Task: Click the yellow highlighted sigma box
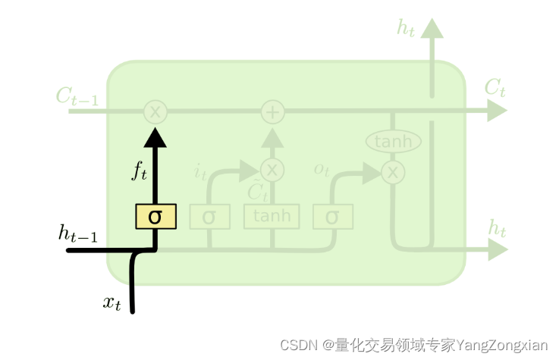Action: [155, 217]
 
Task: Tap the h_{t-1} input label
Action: [77, 233]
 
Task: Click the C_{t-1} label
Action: [77, 96]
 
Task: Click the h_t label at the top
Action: [406, 28]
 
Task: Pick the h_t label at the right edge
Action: [497, 227]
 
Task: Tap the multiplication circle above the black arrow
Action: [155, 112]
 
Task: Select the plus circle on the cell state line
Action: [272, 112]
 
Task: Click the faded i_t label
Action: [200, 173]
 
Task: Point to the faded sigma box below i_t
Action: [209, 217]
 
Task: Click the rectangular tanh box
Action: [272, 216]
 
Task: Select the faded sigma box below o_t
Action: [332, 217]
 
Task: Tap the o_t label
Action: [322, 168]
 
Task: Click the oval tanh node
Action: [393, 142]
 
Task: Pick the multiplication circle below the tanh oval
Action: [393, 172]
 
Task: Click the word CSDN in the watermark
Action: [298, 345]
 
